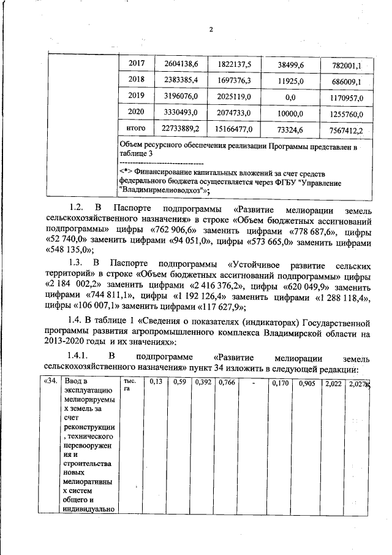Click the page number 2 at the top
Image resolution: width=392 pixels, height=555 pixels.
209,29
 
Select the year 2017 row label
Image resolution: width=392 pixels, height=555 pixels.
136,64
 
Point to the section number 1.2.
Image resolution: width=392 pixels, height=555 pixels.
77,209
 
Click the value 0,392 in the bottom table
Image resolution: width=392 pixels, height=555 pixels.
203,383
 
